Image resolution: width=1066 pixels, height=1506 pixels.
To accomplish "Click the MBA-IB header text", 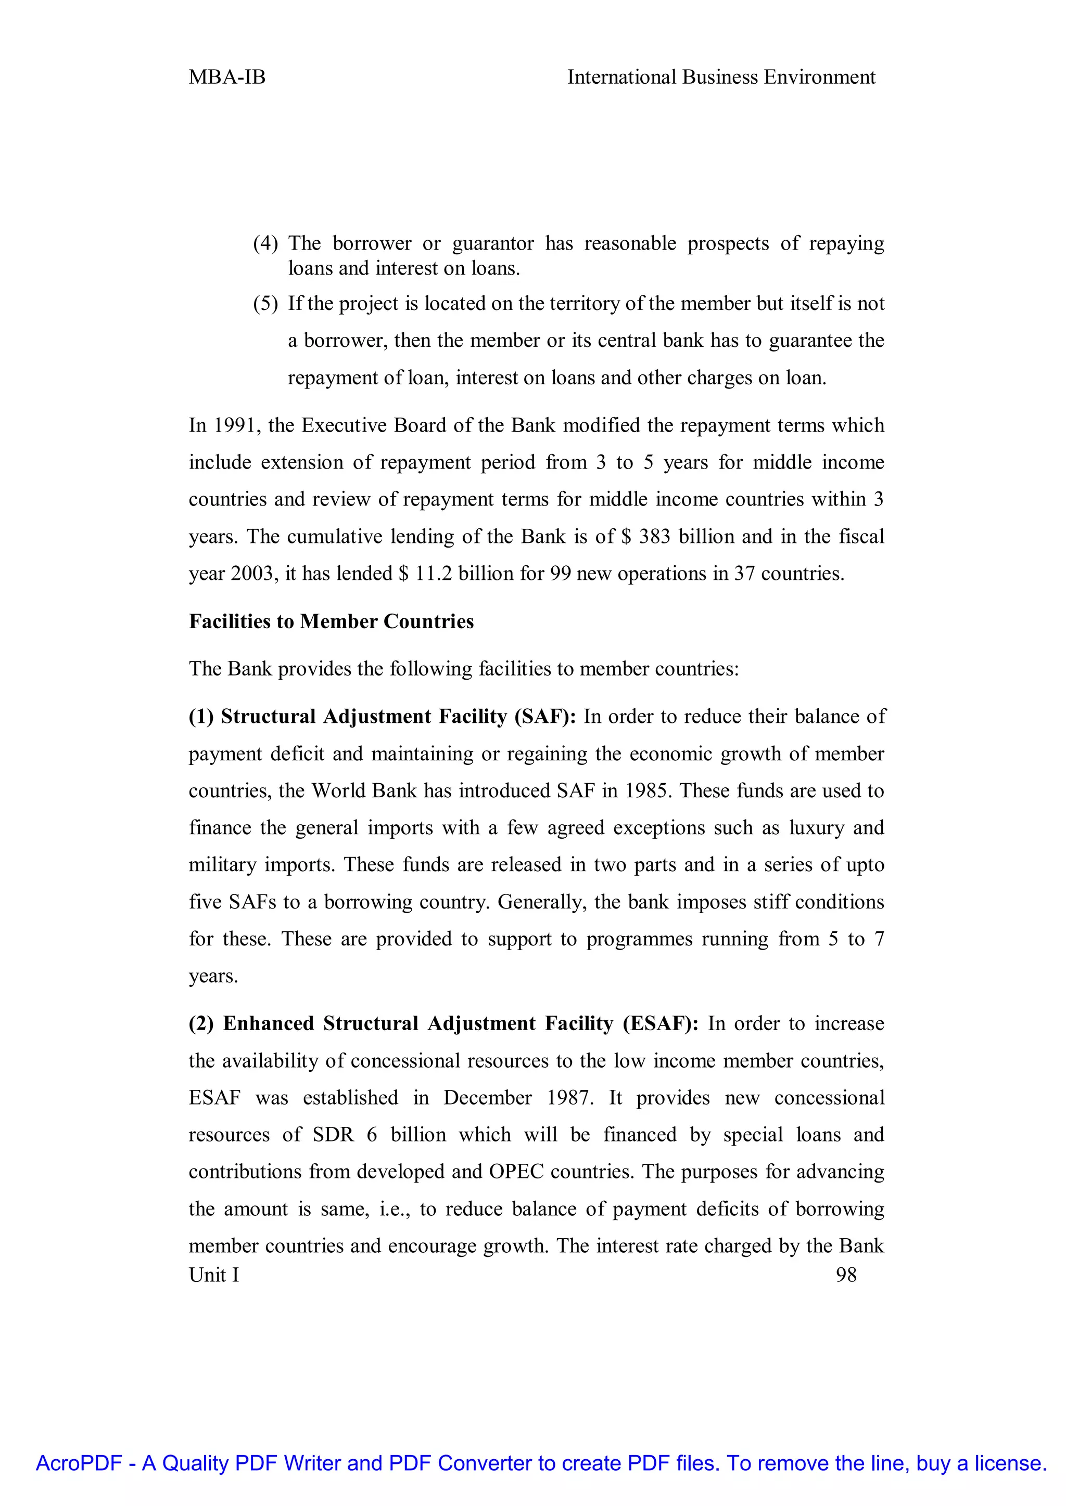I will click(x=227, y=77).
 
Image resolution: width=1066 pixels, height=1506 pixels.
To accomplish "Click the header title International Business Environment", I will click(x=721, y=77).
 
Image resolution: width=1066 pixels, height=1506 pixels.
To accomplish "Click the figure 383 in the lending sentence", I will click(x=654, y=537).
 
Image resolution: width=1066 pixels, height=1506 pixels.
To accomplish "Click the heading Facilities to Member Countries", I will click(x=331, y=621).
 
